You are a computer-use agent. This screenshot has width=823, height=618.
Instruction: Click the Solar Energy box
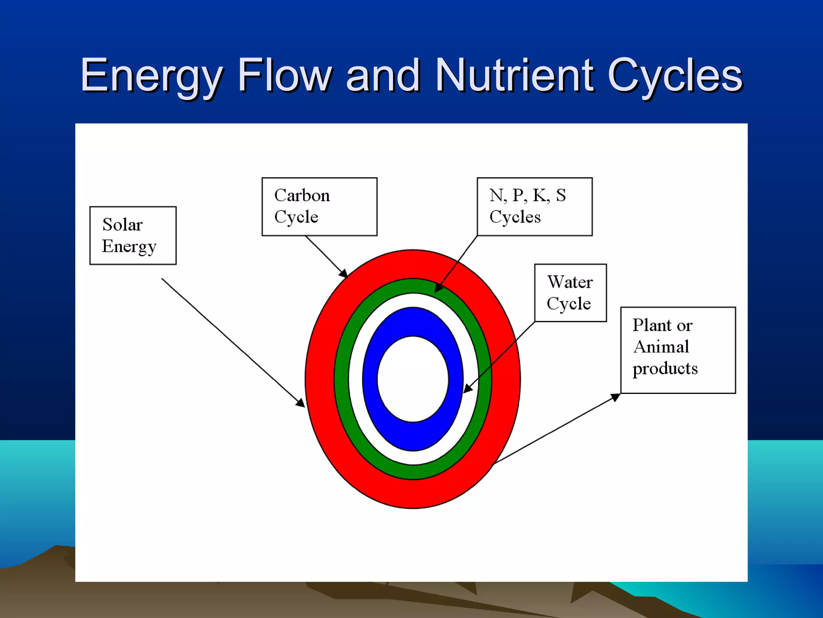(x=133, y=235)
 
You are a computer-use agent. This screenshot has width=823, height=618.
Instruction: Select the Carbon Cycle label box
(x=319, y=206)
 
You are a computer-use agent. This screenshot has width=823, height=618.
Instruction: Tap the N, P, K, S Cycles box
(x=534, y=206)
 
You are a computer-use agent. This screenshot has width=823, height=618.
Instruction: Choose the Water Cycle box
(x=570, y=293)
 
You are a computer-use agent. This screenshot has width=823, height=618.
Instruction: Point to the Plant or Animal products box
(x=678, y=350)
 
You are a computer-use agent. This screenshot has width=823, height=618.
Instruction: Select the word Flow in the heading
(x=285, y=75)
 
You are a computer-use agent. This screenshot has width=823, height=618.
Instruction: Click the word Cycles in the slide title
(x=675, y=76)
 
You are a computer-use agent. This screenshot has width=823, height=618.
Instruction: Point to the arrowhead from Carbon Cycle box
(x=344, y=274)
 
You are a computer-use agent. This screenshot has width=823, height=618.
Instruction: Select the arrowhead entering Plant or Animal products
(x=616, y=397)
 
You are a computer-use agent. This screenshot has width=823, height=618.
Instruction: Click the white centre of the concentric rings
(x=413, y=379)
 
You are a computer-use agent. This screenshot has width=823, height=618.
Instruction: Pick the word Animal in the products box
(x=661, y=347)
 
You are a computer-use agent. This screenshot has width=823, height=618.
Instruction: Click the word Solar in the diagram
(x=123, y=225)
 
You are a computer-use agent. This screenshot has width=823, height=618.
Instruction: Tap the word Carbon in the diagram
(x=302, y=196)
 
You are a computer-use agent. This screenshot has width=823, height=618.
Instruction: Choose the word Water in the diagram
(x=570, y=282)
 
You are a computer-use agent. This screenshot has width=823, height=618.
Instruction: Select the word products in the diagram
(x=665, y=369)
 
